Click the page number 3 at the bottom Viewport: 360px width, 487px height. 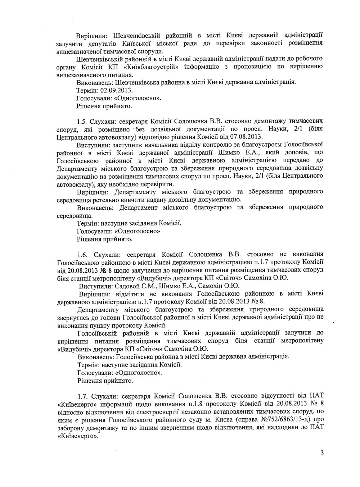click(x=321, y=453)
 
